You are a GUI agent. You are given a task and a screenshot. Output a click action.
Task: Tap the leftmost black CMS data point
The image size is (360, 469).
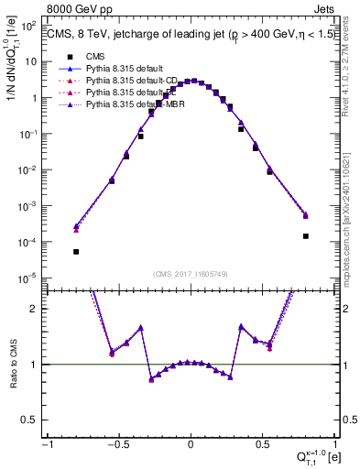(76, 251)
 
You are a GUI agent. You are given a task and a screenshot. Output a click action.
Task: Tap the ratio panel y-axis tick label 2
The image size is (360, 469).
(37, 309)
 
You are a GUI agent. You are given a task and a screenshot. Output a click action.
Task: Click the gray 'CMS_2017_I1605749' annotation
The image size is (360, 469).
(191, 274)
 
